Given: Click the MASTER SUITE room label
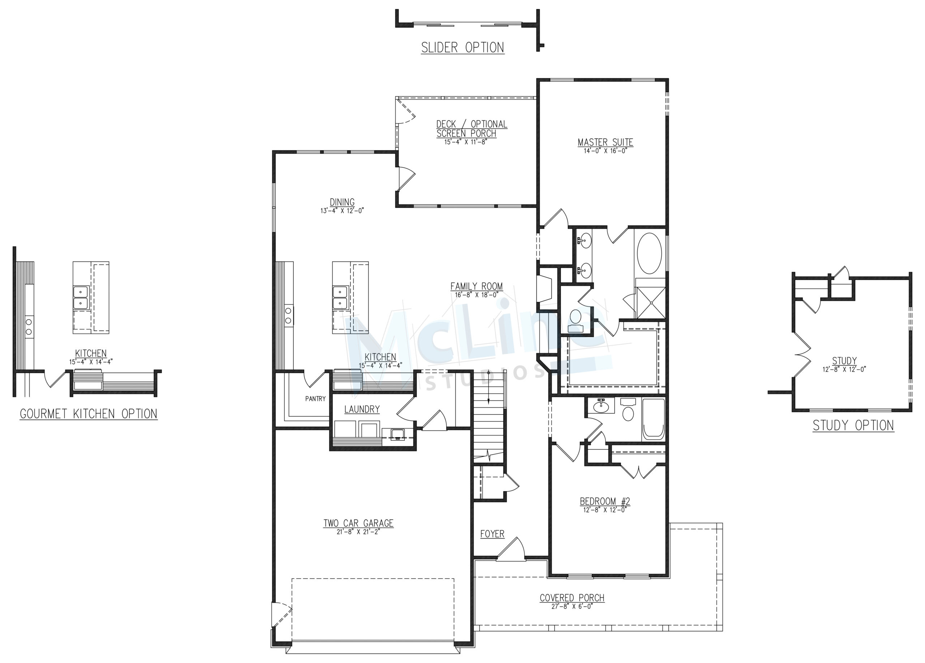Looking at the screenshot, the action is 605,142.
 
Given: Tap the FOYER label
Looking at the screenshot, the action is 492,534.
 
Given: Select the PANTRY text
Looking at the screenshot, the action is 315,399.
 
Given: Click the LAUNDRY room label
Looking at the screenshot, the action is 362,409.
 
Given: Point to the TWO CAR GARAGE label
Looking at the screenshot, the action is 358,523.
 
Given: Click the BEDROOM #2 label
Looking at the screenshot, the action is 605,501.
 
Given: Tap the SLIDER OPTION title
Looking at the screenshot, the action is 462,48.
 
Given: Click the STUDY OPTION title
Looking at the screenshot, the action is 853,425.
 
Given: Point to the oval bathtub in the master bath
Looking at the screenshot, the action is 650,253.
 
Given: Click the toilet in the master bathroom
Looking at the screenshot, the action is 576,321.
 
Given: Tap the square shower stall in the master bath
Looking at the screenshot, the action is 651,303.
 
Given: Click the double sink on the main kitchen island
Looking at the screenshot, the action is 340,298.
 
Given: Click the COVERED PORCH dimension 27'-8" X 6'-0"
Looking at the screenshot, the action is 572,606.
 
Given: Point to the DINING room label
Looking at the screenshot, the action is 342,202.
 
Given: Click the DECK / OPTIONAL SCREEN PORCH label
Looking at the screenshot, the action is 472,129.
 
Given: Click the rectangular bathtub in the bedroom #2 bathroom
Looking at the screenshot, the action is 654,419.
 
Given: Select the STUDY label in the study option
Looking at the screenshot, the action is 844,361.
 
